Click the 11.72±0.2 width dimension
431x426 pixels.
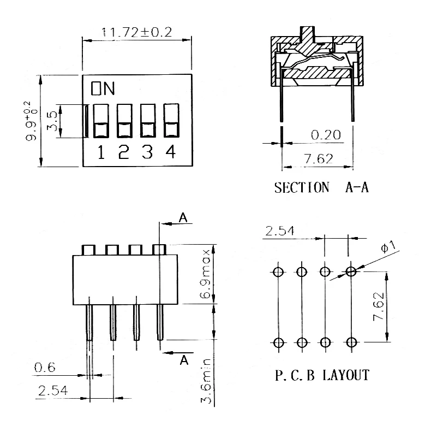(x=136, y=32)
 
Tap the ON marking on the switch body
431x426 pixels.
(x=103, y=88)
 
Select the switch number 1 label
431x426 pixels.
(x=101, y=152)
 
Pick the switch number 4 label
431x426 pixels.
(x=170, y=152)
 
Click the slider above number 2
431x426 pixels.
(x=124, y=121)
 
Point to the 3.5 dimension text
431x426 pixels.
(x=52, y=121)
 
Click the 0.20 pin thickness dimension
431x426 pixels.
(x=326, y=135)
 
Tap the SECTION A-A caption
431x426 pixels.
(x=321, y=188)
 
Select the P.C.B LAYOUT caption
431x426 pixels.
(x=322, y=375)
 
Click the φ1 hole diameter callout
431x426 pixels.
(x=388, y=246)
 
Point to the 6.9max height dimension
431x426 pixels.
(x=205, y=274)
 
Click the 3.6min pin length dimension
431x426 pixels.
(x=206, y=381)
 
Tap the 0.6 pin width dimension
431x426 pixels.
(x=45, y=368)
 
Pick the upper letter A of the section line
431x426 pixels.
(x=183, y=218)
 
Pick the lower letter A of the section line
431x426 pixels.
(x=184, y=360)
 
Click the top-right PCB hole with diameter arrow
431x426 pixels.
(x=351, y=271)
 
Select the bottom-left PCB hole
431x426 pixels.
(x=278, y=343)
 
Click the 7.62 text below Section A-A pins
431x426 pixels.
(x=318, y=159)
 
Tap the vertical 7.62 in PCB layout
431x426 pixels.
(x=379, y=306)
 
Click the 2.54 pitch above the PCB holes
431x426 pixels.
(x=279, y=231)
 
